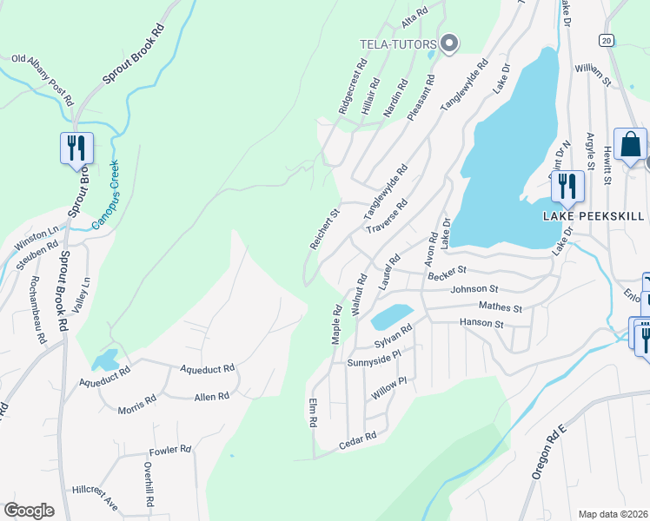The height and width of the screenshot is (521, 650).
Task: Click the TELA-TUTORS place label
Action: click(x=399, y=43)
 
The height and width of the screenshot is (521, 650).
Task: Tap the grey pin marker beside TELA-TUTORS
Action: click(x=448, y=43)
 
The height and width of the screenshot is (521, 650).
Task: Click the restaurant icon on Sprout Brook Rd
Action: click(x=76, y=148)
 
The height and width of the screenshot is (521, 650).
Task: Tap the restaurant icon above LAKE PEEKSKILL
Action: click(x=567, y=186)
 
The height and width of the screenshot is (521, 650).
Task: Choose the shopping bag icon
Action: click(x=630, y=146)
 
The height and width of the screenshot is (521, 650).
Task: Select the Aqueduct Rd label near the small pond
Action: click(x=104, y=374)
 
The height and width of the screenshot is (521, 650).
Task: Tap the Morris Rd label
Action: click(x=137, y=402)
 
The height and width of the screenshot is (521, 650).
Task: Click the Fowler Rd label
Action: click(x=169, y=450)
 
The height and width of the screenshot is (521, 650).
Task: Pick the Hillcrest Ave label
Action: click(x=95, y=495)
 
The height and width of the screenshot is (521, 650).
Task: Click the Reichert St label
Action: click(x=323, y=228)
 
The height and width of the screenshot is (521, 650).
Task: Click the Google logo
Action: click(x=30, y=510)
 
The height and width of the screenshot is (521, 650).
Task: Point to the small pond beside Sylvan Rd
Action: click(x=391, y=316)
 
